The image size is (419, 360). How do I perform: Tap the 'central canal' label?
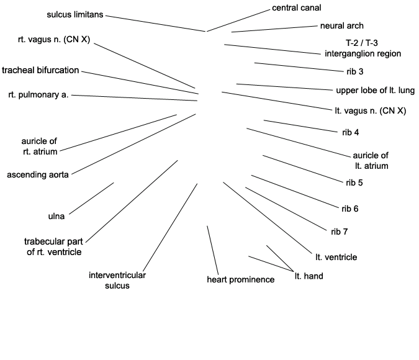tap(297, 8)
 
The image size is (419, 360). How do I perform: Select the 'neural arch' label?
tap(341, 26)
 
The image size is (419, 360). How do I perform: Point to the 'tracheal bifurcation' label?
tap(40, 70)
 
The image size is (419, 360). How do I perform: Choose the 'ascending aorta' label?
tap(38, 174)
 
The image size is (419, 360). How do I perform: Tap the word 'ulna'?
tap(56, 217)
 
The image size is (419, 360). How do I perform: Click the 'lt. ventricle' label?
tap(336, 257)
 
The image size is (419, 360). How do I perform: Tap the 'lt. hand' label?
tap(309, 276)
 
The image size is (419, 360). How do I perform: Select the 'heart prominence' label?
tap(240, 280)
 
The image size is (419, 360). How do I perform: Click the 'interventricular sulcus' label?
tap(117, 281)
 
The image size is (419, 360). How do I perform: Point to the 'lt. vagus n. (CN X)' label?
tap(366, 111)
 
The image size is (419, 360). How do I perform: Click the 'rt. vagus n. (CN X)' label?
tap(54, 40)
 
